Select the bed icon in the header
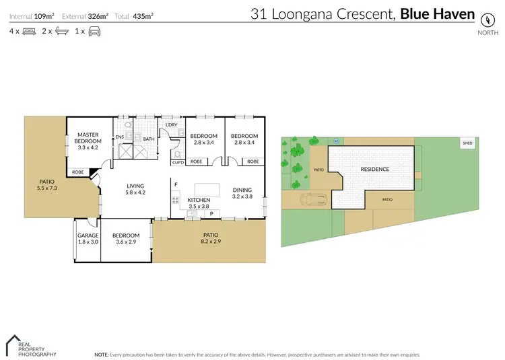coord(29,31)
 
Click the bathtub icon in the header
coord(61,31)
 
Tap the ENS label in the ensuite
coord(120,137)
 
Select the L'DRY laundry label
coord(170,124)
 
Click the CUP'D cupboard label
coord(178,161)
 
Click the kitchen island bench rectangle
coord(208,188)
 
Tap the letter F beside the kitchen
coord(176,184)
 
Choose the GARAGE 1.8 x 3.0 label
coord(88,238)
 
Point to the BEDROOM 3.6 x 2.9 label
coord(126,238)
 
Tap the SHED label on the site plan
coord(467,143)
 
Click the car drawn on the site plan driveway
coord(314,199)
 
